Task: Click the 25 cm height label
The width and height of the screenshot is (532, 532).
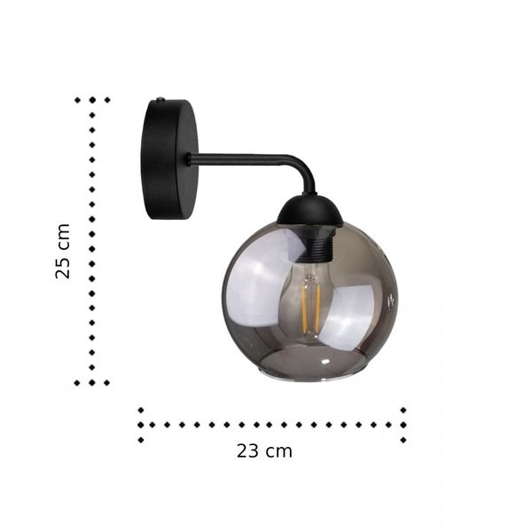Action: pyautogui.click(x=62, y=251)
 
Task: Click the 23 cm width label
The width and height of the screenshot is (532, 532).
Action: pyautogui.click(x=264, y=450)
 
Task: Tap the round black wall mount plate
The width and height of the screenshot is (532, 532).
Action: pyautogui.click(x=169, y=160)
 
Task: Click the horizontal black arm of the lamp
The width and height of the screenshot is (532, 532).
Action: pyautogui.click(x=239, y=160)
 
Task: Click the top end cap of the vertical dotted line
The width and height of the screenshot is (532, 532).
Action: pyautogui.click(x=92, y=100)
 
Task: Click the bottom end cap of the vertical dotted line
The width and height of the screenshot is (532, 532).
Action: pyautogui.click(x=92, y=383)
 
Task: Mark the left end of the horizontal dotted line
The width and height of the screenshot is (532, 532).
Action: pyautogui.click(x=140, y=424)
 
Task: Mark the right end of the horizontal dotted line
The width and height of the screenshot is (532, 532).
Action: pyautogui.click(x=403, y=424)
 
